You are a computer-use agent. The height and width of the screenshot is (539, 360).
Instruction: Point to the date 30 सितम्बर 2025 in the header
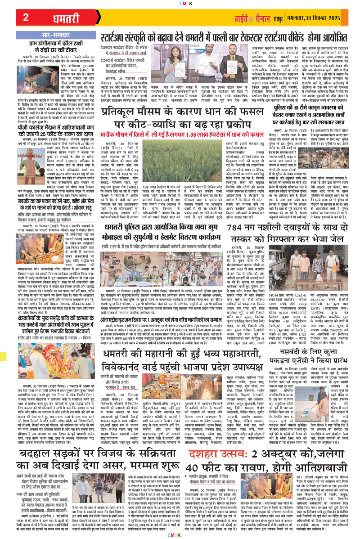tap(328, 19)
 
